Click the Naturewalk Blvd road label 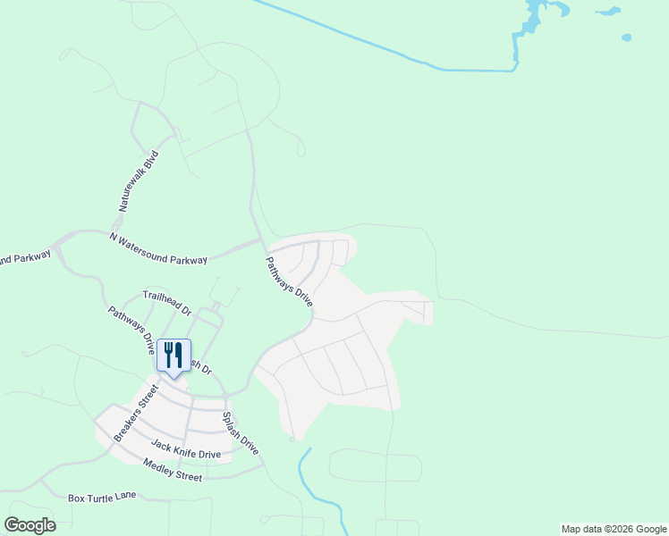pyautogui.click(x=137, y=180)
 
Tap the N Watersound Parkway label pyautogui.click(x=158, y=248)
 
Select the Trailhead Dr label pyautogui.click(x=167, y=303)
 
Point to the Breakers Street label pyautogui.click(x=135, y=413)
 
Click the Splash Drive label pyautogui.click(x=240, y=433)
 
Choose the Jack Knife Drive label pyautogui.click(x=186, y=449)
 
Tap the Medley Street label pyautogui.click(x=173, y=470)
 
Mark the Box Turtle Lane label pyautogui.click(x=102, y=496)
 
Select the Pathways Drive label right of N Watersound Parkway pyautogui.click(x=289, y=282)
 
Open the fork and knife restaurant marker pyautogui.click(x=174, y=356)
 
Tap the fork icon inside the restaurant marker pyautogui.click(x=169, y=353)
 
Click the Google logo pyautogui.click(x=30, y=524)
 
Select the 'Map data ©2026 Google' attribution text pyautogui.click(x=614, y=529)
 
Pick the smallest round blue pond pyautogui.click(x=626, y=38)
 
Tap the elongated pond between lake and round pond pyautogui.click(x=608, y=13)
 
